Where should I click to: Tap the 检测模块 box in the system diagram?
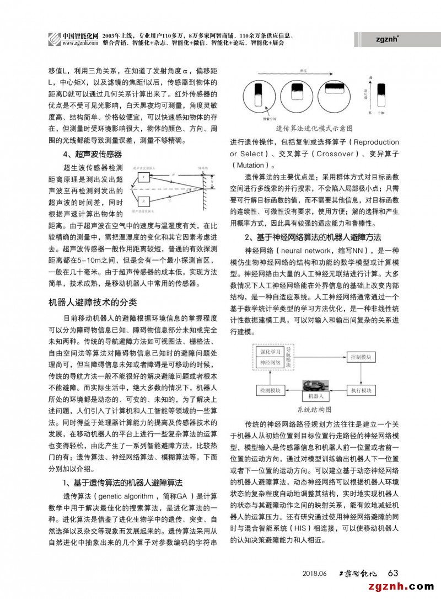tap(270, 390)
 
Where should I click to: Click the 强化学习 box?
tap(271, 352)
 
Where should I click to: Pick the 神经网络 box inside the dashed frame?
tap(271, 363)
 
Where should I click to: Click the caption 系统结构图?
tap(314, 410)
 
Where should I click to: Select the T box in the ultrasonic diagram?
tap(144, 177)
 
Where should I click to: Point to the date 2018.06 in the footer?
tap(315, 574)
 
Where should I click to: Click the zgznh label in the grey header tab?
tap(388, 39)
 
